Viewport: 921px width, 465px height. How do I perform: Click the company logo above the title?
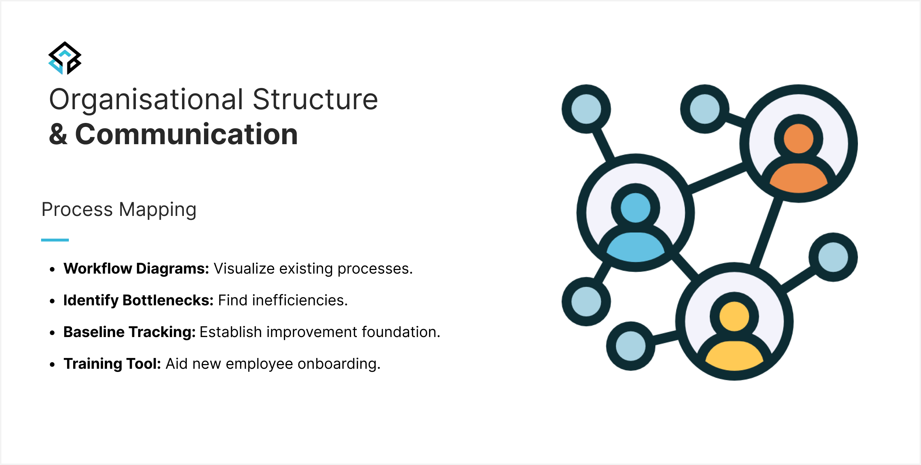(x=65, y=58)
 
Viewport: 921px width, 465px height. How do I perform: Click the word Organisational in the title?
(x=146, y=100)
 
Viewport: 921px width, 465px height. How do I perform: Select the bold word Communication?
(x=186, y=134)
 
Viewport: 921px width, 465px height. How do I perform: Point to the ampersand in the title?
(x=58, y=134)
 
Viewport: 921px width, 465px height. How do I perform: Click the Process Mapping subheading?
(x=119, y=210)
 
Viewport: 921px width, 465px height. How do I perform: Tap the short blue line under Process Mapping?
(x=55, y=240)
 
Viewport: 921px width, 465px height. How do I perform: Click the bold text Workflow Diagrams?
(x=136, y=269)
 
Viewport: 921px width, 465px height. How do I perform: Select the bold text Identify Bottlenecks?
(x=138, y=300)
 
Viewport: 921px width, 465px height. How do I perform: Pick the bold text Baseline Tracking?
(x=129, y=332)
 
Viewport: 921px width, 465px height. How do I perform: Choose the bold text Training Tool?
(x=112, y=364)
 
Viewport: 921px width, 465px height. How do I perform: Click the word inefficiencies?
(x=300, y=300)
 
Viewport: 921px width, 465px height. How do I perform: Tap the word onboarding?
(x=339, y=364)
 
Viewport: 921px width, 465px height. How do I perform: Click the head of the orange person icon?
(x=798, y=139)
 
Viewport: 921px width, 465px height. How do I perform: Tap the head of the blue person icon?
(x=636, y=208)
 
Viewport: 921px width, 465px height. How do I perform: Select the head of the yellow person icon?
(x=734, y=316)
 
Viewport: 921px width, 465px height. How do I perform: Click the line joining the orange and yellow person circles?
(x=766, y=234)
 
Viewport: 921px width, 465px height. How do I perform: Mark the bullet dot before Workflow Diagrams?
(x=53, y=269)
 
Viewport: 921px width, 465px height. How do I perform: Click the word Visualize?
(x=244, y=269)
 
